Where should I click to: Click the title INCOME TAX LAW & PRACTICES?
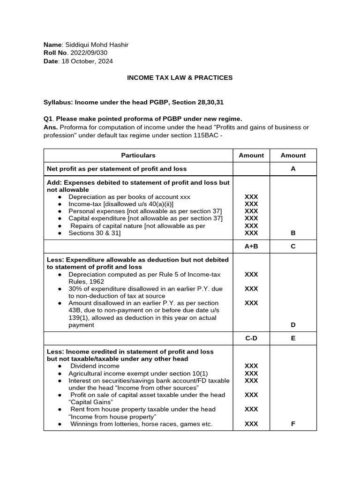(x=180, y=78)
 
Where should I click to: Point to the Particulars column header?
(x=138, y=156)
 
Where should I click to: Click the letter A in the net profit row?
(x=293, y=169)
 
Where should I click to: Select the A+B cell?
(x=251, y=247)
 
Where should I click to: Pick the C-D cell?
(x=251, y=338)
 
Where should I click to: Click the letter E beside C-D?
(x=293, y=338)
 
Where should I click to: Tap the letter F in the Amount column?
(x=293, y=424)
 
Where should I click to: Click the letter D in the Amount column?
(x=293, y=325)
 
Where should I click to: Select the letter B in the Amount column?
(x=293, y=233)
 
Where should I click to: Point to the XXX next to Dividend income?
(x=251, y=366)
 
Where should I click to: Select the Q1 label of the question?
(x=48, y=119)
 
